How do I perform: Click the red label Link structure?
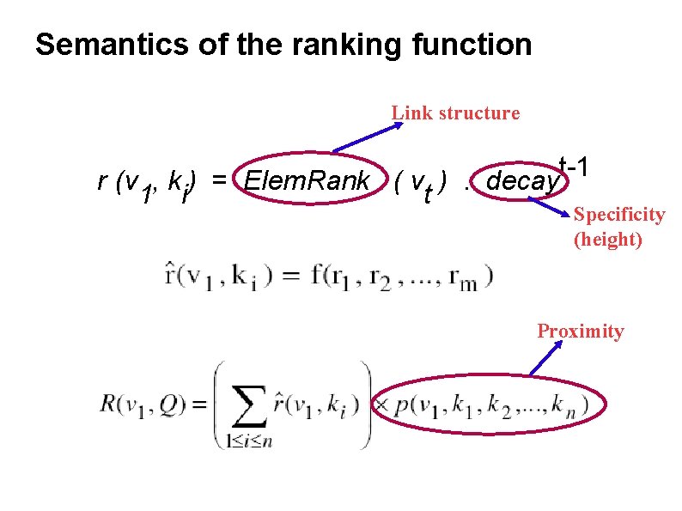[455, 113]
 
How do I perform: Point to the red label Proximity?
[581, 332]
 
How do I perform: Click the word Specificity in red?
[619, 215]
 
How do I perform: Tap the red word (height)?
[607, 240]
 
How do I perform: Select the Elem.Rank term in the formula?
[308, 182]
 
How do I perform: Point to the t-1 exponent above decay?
[572, 164]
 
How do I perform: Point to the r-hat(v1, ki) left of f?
[220, 277]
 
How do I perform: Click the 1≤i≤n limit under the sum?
[249, 442]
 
